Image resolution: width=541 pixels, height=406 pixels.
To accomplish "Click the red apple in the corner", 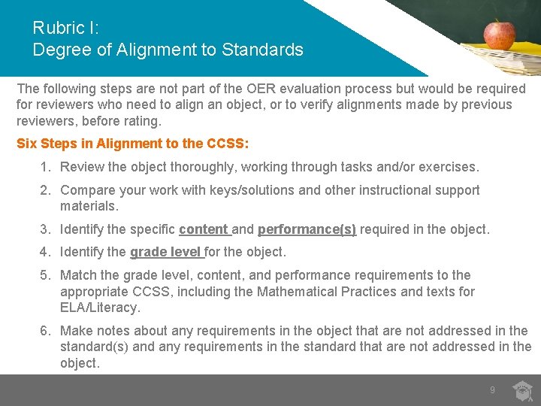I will [x=498, y=35].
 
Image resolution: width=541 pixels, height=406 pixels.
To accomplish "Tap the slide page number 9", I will [x=492, y=390].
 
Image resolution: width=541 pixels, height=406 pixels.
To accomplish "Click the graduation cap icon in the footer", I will [x=522, y=391].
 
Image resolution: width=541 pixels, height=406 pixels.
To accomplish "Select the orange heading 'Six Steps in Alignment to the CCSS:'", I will [x=133, y=143].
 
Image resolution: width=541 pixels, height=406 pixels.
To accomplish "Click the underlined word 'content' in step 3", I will [x=204, y=229].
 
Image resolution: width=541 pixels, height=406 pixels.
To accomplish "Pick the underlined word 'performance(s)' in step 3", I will [x=307, y=229].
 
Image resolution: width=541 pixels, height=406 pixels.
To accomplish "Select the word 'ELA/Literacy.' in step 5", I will [x=100, y=308].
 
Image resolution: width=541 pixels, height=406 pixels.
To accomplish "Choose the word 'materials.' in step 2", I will [x=89, y=206].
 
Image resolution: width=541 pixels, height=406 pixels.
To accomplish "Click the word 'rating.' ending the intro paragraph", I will [x=144, y=121].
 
